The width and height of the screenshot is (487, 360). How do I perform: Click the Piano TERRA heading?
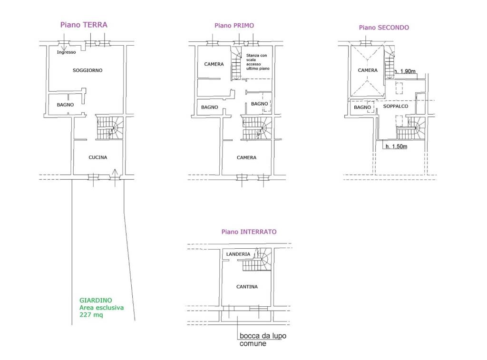click(x=84, y=25)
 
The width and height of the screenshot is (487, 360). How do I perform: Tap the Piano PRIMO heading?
click(x=234, y=26)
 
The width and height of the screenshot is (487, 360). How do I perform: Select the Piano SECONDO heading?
click(x=384, y=28)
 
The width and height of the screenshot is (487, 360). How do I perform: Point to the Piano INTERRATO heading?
click(x=249, y=232)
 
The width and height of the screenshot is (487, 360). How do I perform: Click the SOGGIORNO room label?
click(x=88, y=70)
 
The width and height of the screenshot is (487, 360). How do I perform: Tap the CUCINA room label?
click(x=98, y=157)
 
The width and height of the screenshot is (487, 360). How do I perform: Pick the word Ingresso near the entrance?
click(x=66, y=52)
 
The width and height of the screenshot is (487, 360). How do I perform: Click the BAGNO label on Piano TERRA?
click(x=65, y=105)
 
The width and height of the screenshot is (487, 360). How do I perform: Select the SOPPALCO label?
click(x=395, y=106)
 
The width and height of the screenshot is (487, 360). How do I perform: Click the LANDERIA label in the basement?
click(x=238, y=254)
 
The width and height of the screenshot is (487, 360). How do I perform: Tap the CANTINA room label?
click(x=247, y=287)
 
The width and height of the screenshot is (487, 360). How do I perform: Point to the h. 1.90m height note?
click(x=405, y=71)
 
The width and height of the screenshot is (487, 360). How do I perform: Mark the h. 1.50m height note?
click(x=396, y=146)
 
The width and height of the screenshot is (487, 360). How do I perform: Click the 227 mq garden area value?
click(x=91, y=315)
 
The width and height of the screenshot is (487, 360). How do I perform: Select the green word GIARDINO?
click(x=96, y=301)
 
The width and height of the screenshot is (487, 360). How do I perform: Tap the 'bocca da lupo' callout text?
click(x=263, y=336)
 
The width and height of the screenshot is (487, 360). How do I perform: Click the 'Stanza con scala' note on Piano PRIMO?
click(x=256, y=58)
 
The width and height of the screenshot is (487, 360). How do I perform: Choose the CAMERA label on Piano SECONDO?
click(x=368, y=70)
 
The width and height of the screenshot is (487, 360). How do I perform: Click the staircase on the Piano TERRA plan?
click(x=110, y=127)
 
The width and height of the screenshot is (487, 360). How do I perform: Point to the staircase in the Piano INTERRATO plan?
click(x=257, y=260)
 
